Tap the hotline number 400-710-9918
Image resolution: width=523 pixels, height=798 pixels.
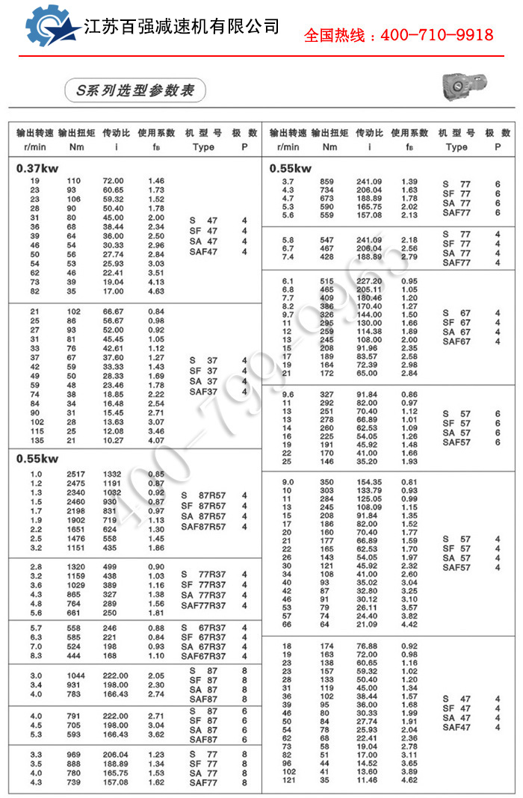click(x=398, y=35)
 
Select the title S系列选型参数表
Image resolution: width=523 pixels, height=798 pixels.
click(x=134, y=90)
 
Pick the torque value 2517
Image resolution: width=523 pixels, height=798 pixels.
click(x=76, y=474)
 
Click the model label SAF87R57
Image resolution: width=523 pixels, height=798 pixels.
click(x=203, y=527)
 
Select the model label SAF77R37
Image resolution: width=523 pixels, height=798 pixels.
click(x=203, y=605)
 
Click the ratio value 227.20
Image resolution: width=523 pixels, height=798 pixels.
click(x=368, y=281)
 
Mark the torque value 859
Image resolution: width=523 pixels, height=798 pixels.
click(x=327, y=182)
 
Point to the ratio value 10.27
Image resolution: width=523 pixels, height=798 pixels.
click(x=113, y=440)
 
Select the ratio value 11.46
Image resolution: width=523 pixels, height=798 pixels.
click(x=368, y=780)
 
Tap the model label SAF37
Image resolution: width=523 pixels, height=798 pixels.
click(x=203, y=392)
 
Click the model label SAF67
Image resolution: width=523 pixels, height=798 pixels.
click(x=457, y=341)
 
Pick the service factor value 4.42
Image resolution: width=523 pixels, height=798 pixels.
click(x=409, y=625)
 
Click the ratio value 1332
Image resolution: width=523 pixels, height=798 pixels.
click(x=113, y=474)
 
